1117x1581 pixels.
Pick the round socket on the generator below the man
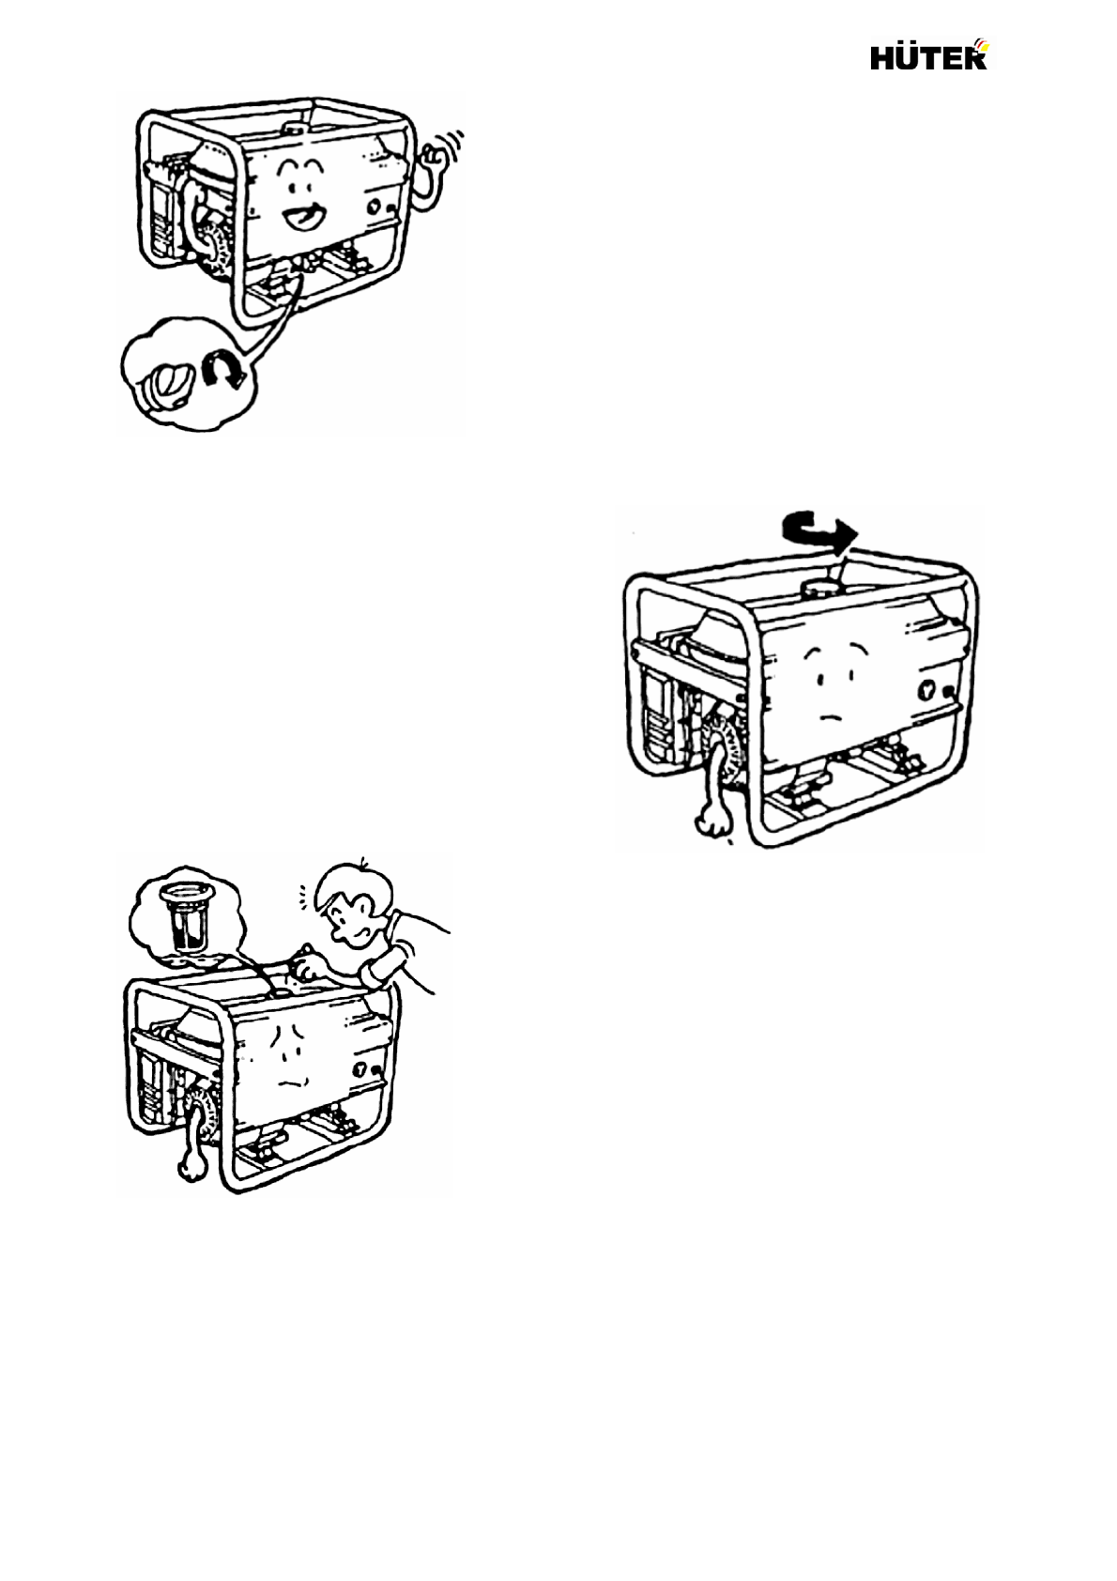[361, 1068]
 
